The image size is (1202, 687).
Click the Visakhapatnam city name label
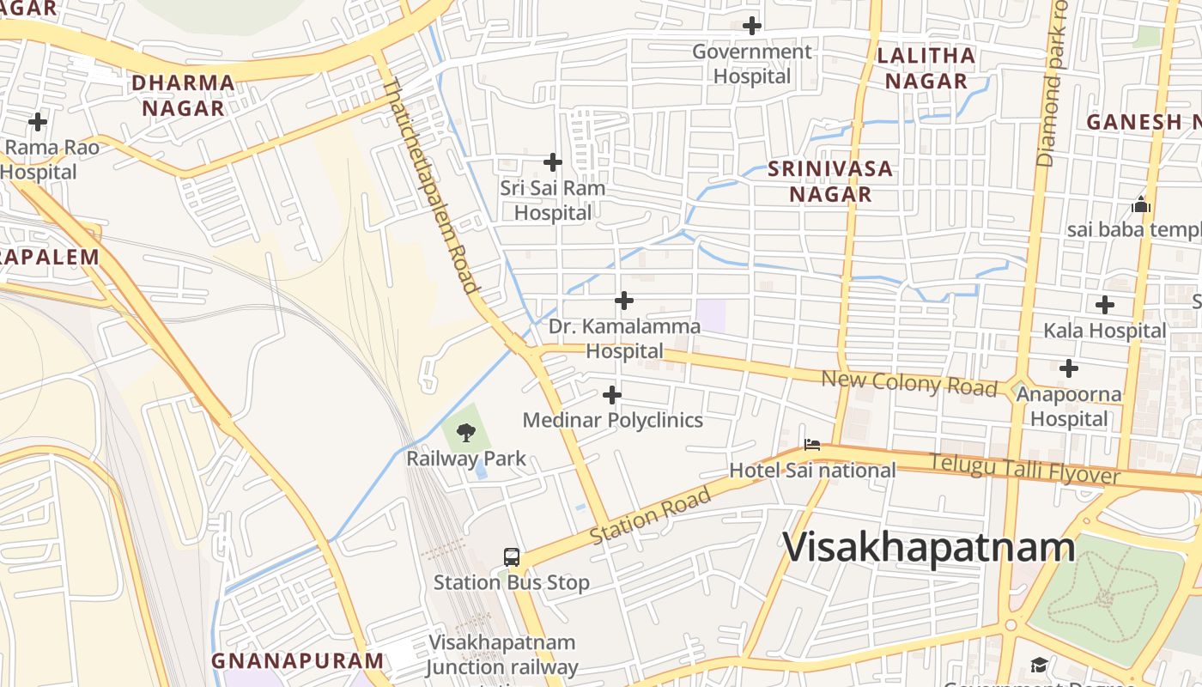929,547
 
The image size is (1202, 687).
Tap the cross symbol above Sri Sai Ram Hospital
553,161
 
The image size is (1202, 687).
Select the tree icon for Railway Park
466,432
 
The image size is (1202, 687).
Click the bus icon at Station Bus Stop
512,556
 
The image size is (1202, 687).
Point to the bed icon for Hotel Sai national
811,445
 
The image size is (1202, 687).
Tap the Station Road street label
652,515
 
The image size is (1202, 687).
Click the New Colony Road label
909,383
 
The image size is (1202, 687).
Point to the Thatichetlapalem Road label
431,185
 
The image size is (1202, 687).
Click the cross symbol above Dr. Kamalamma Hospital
624,301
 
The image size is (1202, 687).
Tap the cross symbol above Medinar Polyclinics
612,395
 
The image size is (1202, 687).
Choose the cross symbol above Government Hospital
752,26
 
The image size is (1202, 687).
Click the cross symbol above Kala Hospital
1105,304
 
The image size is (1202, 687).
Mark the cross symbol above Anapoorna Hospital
1069,368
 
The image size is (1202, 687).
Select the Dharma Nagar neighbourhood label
183,95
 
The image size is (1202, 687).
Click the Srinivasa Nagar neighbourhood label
830,181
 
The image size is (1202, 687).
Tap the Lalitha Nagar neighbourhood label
926,69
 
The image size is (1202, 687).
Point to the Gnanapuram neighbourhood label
298,660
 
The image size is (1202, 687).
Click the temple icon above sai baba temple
1141,204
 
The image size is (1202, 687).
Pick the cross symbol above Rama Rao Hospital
38,121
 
